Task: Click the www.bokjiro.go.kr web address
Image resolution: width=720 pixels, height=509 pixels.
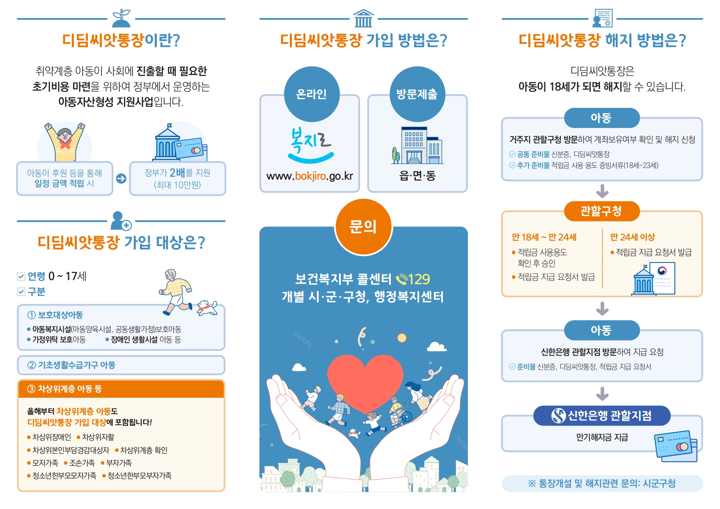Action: pyautogui.click(x=310, y=176)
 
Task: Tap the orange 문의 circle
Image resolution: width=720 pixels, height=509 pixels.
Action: pyautogui.click(x=363, y=227)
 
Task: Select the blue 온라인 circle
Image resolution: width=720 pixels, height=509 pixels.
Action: pyautogui.click(x=312, y=94)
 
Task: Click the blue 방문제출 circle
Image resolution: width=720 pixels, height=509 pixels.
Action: pyautogui.click(x=417, y=94)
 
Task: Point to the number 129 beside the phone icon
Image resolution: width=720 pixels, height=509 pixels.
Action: pyautogui.click(x=419, y=279)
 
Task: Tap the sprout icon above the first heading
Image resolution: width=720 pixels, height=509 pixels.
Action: pyautogui.click(x=121, y=18)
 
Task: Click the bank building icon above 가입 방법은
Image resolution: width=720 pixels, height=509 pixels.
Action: pyautogui.click(x=363, y=18)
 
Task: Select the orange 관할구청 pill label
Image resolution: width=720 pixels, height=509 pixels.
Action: pyautogui.click(x=602, y=211)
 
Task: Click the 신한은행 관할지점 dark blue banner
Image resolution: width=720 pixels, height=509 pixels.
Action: pyautogui.click(x=602, y=416)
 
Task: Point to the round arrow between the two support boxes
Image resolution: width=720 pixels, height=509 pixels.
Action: pyautogui.click(x=121, y=178)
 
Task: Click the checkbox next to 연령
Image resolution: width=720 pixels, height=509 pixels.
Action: pyautogui.click(x=21, y=276)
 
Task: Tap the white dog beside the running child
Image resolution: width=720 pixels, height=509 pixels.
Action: pyautogui.click(x=207, y=308)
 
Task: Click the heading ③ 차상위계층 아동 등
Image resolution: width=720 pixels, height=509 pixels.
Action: pyautogui.click(x=64, y=389)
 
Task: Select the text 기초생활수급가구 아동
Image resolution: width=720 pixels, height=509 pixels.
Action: pyautogui.click(x=77, y=365)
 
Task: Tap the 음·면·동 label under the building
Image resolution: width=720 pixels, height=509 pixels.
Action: pyautogui.click(x=417, y=176)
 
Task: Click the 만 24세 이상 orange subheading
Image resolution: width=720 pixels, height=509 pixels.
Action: pyautogui.click(x=633, y=237)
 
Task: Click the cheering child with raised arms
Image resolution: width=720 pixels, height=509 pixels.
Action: pyautogui.click(x=65, y=142)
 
